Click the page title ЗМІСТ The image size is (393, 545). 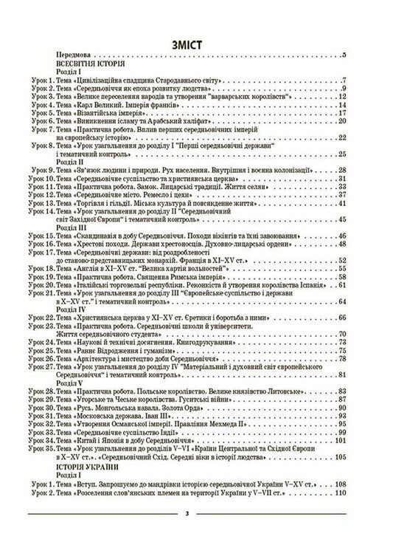[x=196, y=43]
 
